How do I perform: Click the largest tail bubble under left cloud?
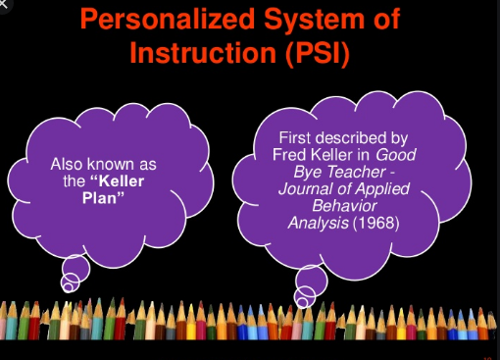pos(76,267)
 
